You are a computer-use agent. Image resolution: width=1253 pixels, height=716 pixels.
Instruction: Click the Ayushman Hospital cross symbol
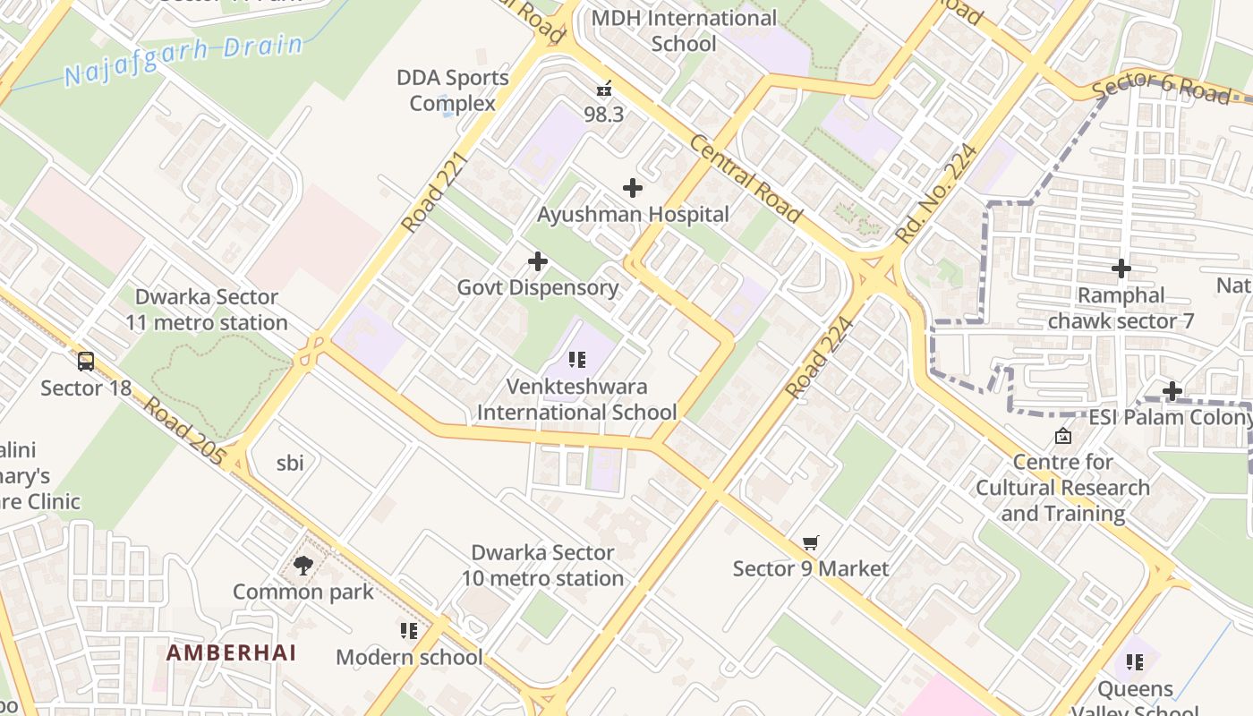click(633, 188)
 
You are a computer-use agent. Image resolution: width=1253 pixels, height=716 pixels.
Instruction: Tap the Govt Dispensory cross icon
click(538, 261)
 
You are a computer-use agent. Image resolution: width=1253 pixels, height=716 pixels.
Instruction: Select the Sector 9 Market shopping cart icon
click(811, 542)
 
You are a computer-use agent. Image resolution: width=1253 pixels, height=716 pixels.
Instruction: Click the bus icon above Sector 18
click(86, 362)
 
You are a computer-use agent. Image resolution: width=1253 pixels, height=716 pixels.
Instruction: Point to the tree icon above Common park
click(303, 566)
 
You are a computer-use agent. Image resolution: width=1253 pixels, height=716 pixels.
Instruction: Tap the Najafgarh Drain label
click(183, 61)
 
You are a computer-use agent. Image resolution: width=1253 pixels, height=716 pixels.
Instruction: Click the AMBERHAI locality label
click(231, 652)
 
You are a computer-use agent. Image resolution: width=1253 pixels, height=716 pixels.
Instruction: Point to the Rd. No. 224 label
click(937, 193)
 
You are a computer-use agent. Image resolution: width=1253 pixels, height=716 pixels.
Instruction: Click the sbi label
click(290, 463)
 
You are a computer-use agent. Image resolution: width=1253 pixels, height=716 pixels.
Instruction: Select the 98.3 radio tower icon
click(604, 89)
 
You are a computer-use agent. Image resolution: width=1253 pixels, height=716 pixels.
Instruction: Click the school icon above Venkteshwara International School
click(577, 361)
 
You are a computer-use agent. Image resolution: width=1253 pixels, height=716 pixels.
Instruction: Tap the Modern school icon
click(409, 631)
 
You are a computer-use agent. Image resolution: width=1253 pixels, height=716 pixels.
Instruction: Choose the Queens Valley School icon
click(1135, 662)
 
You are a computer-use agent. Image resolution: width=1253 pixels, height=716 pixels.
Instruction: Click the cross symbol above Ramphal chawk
click(1121, 268)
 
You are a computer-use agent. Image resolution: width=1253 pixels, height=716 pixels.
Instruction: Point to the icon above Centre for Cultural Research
click(1063, 436)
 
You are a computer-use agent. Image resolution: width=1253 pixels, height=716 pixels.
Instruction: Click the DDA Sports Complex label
click(453, 90)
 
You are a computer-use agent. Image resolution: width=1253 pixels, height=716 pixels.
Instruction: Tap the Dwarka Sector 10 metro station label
click(542, 566)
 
